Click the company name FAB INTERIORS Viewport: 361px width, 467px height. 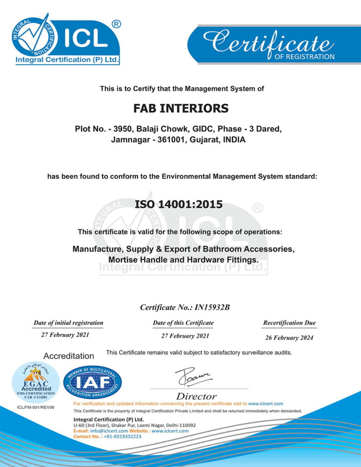(x=181, y=109)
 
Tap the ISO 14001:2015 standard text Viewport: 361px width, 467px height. (x=179, y=204)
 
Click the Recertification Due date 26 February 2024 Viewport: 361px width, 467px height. (x=289, y=338)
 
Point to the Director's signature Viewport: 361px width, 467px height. (x=193, y=377)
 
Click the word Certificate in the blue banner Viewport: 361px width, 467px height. (x=267, y=43)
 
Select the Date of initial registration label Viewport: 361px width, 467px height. (x=68, y=323)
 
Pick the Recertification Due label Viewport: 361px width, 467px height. (x=289, y=323)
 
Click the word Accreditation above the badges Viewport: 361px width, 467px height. (x=68, y=356)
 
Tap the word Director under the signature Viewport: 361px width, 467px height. (x=196, y=396)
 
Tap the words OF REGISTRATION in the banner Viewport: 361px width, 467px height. (x=304, y=57)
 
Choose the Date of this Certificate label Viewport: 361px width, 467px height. (x=183, y=323)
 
